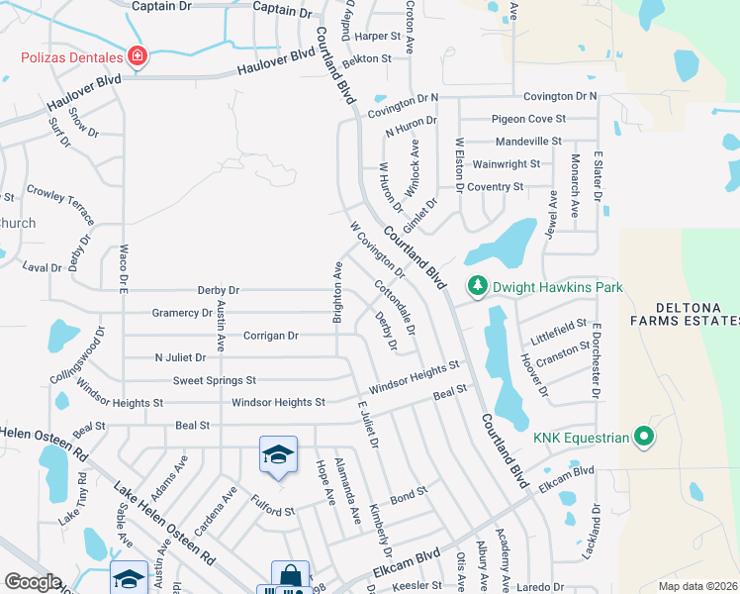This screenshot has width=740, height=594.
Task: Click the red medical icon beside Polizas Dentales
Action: pyautogui.click(x=137, y=56)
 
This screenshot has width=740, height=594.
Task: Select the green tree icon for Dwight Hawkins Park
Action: pyautogui.click(x=478, y=286)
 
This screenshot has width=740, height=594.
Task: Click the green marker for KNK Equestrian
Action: pyautogui.click(x=644, y=436)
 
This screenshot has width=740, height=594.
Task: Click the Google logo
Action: pyautogui.click(x=33, y=582)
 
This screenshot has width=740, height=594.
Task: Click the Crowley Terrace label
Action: pyautogui.click(x=60, y=203)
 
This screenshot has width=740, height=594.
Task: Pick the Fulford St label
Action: pyautogui.click(x=272, y=509)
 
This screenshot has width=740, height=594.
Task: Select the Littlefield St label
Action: pyautogui.click(x=559, y=330)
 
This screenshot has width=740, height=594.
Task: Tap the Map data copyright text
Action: pyautogui.click(x=696, y=586)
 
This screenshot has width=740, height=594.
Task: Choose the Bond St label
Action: pyautogui.click(x=408, y=492)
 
